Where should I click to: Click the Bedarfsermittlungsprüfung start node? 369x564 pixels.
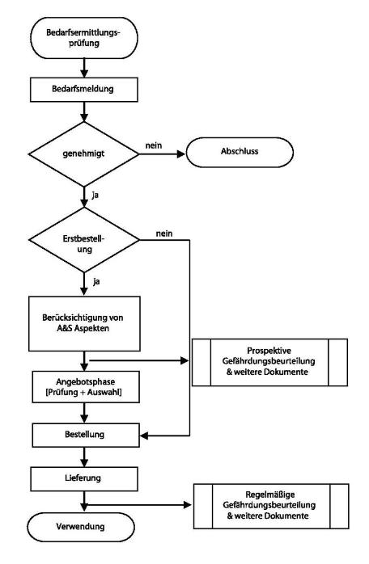(84, 38)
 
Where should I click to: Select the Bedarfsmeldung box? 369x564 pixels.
(84, 89)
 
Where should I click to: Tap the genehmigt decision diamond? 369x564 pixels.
(84, 154)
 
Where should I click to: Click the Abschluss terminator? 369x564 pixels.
(240, 152)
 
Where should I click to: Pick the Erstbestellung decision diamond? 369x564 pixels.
(84, 239)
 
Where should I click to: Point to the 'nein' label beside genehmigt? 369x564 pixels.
(154, 145)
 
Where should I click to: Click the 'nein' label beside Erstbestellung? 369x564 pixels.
(164, 234)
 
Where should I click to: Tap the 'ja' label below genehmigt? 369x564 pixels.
(95, 196)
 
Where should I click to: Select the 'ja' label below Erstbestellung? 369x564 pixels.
(96, 282)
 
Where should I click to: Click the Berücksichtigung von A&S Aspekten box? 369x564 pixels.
(84, 324)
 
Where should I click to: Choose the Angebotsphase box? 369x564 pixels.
(86, 387)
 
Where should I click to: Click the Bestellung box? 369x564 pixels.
(86, 436)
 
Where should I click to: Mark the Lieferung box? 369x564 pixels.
(84, 479)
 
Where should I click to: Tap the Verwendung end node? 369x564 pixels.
(81, 528)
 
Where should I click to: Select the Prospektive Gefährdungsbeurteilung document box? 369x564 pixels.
(270, 362)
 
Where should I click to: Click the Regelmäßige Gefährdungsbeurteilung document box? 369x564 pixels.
(271, 506)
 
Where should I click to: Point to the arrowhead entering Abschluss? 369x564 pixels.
(181, 154)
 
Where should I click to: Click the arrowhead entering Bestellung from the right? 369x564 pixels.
(144, 436)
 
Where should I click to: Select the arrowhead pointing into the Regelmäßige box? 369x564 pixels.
(188, 505)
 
